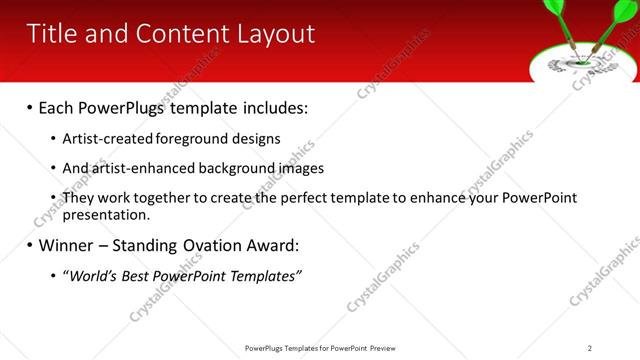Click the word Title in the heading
(52, 34)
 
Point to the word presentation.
(105, 214)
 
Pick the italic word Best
(134, 276)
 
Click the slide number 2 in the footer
(589, 348)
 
